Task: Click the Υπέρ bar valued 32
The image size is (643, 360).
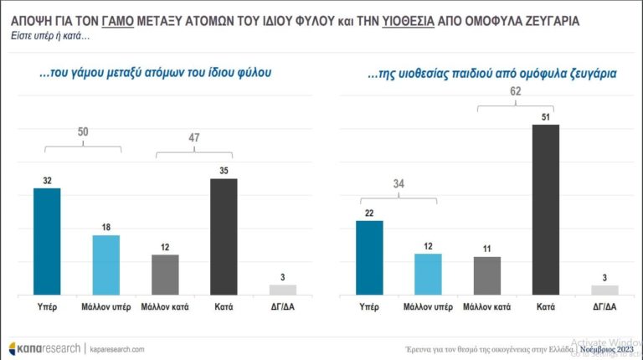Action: coord(47,241)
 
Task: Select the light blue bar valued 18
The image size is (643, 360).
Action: coord(105,265)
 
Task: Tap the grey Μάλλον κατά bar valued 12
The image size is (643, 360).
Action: coord(165,275)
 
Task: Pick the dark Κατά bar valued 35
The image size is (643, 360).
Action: coord(224,237)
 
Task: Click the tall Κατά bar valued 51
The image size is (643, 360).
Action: coord(545,209)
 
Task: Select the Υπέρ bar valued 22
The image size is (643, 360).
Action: coord(369,258)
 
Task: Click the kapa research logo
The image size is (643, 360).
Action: coord(44,347)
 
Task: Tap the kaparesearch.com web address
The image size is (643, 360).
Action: coord(116,348)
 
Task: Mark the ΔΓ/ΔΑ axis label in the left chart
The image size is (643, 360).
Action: coord(282,307)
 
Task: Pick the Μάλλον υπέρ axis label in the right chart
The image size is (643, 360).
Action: coord(428,307)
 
